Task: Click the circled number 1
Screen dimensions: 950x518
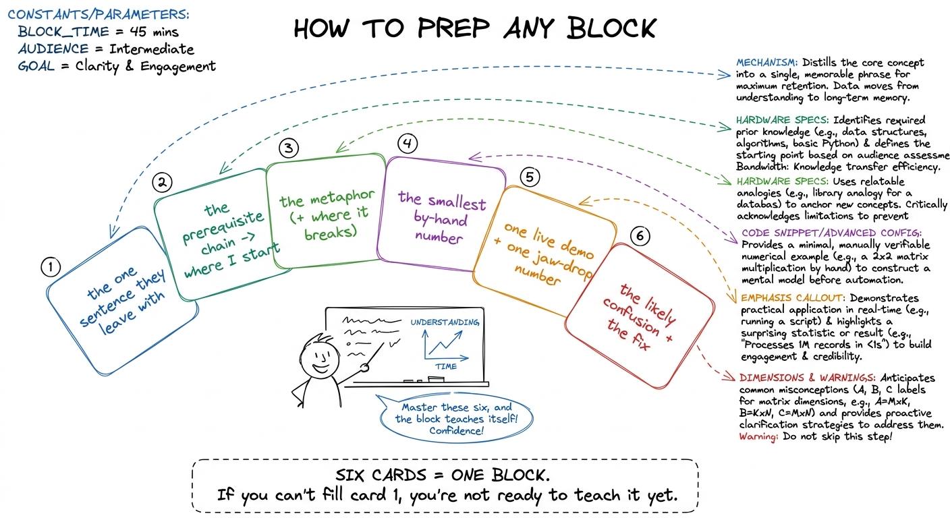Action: click(51, 268)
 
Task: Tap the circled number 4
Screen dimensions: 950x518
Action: click(407, 143)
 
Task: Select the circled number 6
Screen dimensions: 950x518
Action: click(640, 235)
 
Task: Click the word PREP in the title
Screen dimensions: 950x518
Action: click(453, 28)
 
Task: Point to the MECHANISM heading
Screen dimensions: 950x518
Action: click(766, 63)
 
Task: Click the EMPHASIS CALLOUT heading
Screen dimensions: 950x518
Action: click(793, 298)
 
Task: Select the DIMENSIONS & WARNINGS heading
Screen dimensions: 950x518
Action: click(807, 378)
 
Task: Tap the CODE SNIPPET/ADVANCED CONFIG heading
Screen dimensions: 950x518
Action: click(831, 233)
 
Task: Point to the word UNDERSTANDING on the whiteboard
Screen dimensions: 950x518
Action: click(445, 322)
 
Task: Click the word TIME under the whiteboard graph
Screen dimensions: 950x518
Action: click(446, 366)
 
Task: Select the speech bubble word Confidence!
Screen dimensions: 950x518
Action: click(456, 431)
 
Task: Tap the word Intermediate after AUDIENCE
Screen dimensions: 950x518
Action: click(151, 49)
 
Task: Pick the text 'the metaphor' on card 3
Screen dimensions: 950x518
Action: click(327, 198)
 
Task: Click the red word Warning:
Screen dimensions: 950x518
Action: click(759, 436)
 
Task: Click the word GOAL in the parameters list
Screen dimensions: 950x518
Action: click(36, 66)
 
